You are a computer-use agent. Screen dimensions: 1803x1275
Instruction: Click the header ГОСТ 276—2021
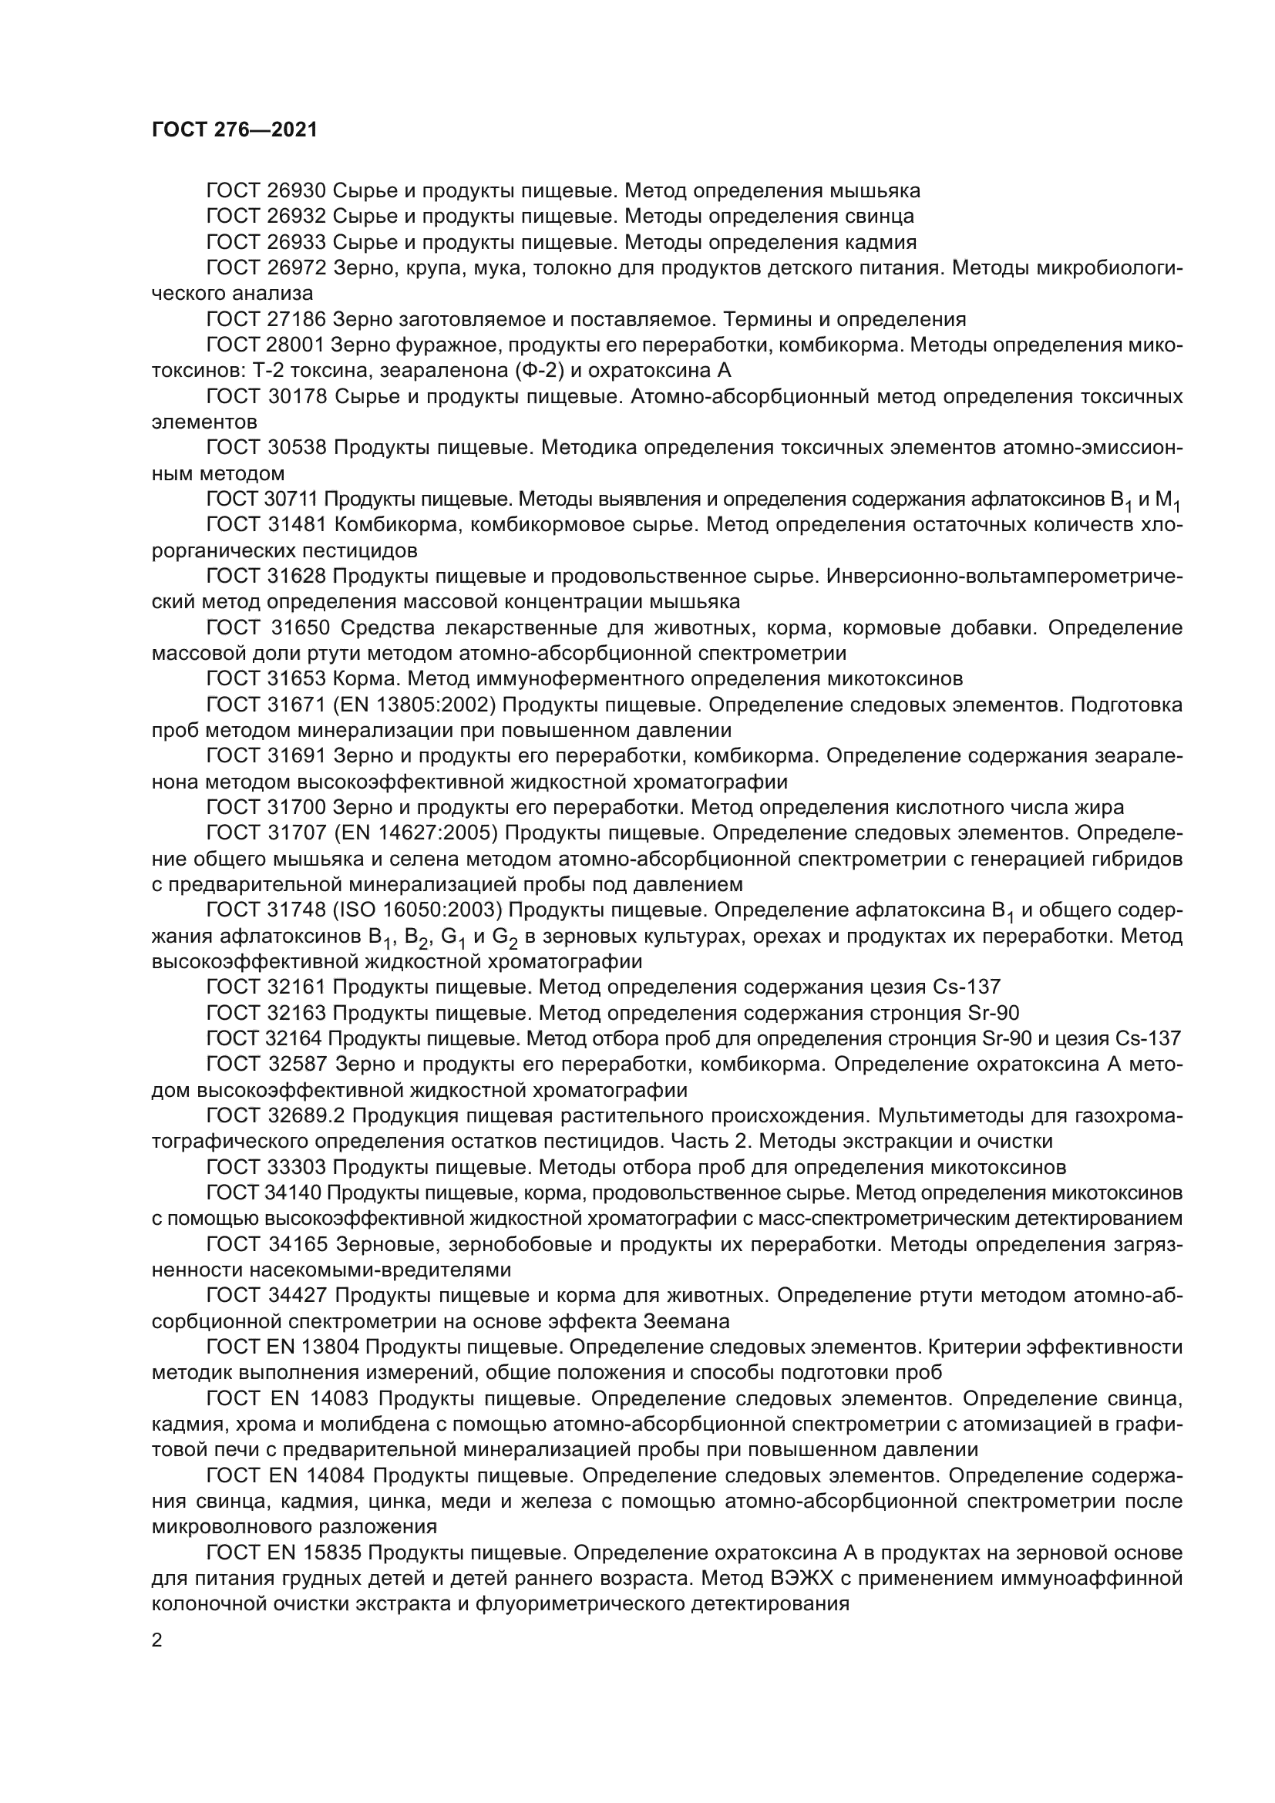pyautogui.click(x=234, y=130)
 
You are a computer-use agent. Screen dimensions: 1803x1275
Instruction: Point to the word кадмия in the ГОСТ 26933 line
pyautogui.click(x=880, y=242)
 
